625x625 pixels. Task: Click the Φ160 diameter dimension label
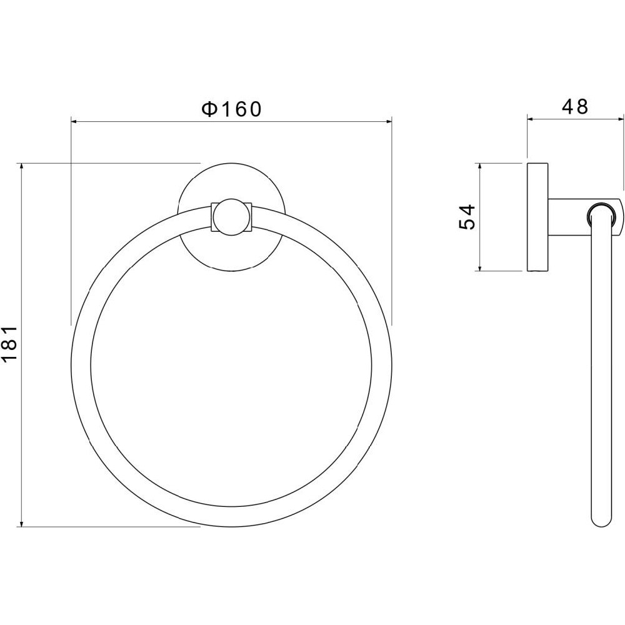232,109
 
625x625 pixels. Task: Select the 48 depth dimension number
575,106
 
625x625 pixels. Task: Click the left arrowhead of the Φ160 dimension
75,122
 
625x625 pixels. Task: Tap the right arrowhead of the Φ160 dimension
388,122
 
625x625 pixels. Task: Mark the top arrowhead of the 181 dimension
21,167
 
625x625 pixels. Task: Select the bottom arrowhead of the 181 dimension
21,522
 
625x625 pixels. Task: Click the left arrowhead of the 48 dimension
531,118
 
